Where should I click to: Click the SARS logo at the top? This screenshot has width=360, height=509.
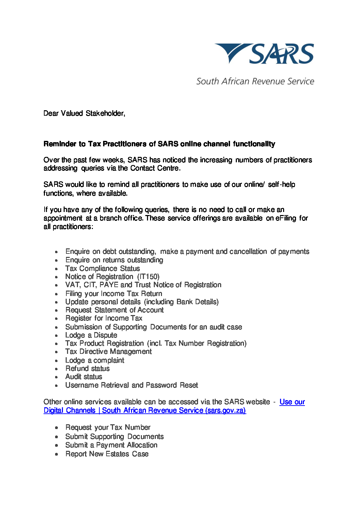[x=264, y=54]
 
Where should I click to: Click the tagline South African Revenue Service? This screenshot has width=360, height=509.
[x=255, y=81]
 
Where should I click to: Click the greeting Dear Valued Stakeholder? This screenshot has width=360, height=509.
[x=84, y=113]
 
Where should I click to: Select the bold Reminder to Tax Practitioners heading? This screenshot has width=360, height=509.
[x=159, y=144]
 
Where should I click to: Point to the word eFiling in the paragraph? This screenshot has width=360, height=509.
[x=286, y=218]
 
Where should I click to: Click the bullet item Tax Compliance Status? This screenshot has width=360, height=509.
[x=102, y=268]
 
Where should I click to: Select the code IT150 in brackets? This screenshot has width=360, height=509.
[x=148, y=277]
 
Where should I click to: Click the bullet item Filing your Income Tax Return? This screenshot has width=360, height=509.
[x=114, y=294]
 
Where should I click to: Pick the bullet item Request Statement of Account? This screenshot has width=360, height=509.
[x=114, y=310]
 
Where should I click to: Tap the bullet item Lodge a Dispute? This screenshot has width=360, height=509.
[x=91, y=335]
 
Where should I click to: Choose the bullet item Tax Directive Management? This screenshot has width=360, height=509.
[x=109, y=351]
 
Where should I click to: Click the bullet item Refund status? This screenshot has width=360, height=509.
[x=87, y=368]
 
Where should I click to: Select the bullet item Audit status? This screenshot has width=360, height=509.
[x=84, y=377]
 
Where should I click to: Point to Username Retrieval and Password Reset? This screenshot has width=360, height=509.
[x=132, y=385]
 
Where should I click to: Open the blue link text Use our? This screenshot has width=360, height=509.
[x=292, y=402]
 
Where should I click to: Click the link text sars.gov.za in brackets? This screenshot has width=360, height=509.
[x=225, y=410]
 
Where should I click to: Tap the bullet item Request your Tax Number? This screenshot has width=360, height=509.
[x=108, y=427]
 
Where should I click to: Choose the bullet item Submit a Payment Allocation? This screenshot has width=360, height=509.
[x=111, y=445]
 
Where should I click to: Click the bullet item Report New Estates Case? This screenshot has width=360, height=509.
[x=107, y=454]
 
